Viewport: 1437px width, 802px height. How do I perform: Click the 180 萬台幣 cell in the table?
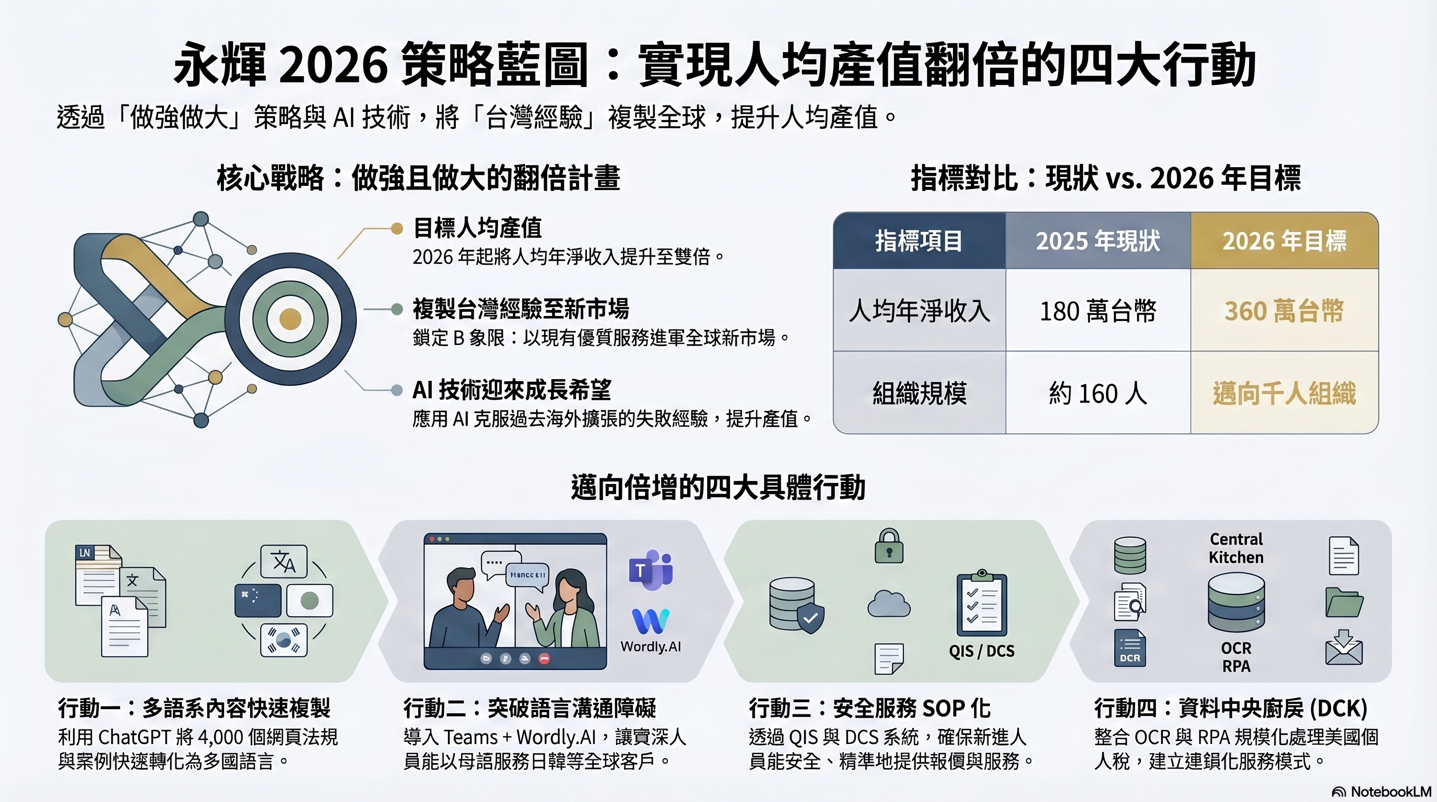click(1098, 311)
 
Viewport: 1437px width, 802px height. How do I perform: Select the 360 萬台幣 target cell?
click(1284, 311)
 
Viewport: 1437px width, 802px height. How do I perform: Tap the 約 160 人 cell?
click(1098, 393)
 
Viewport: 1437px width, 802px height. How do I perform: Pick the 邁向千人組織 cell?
click(1284, 393)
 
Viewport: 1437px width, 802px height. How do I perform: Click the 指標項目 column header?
click(920, 241)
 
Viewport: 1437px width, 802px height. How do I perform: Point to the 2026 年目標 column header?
click(1284, 241)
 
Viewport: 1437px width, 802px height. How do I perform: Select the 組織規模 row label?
click(920, 393)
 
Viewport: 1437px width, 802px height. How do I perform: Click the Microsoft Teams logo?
click(651, 570)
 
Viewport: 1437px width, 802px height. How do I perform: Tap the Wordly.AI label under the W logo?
click(651, 646)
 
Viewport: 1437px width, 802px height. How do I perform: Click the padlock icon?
click(889, 546)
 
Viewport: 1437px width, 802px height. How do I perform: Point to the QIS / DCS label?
click(982, 651)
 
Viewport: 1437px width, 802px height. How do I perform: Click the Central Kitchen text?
click(1236, 548)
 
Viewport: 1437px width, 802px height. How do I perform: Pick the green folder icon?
click(1345, 603)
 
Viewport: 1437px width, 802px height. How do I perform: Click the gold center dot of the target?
click(290, 319)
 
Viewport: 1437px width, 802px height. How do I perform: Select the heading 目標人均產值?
click(477, 228)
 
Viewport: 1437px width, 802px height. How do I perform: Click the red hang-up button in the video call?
click(545, 658)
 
